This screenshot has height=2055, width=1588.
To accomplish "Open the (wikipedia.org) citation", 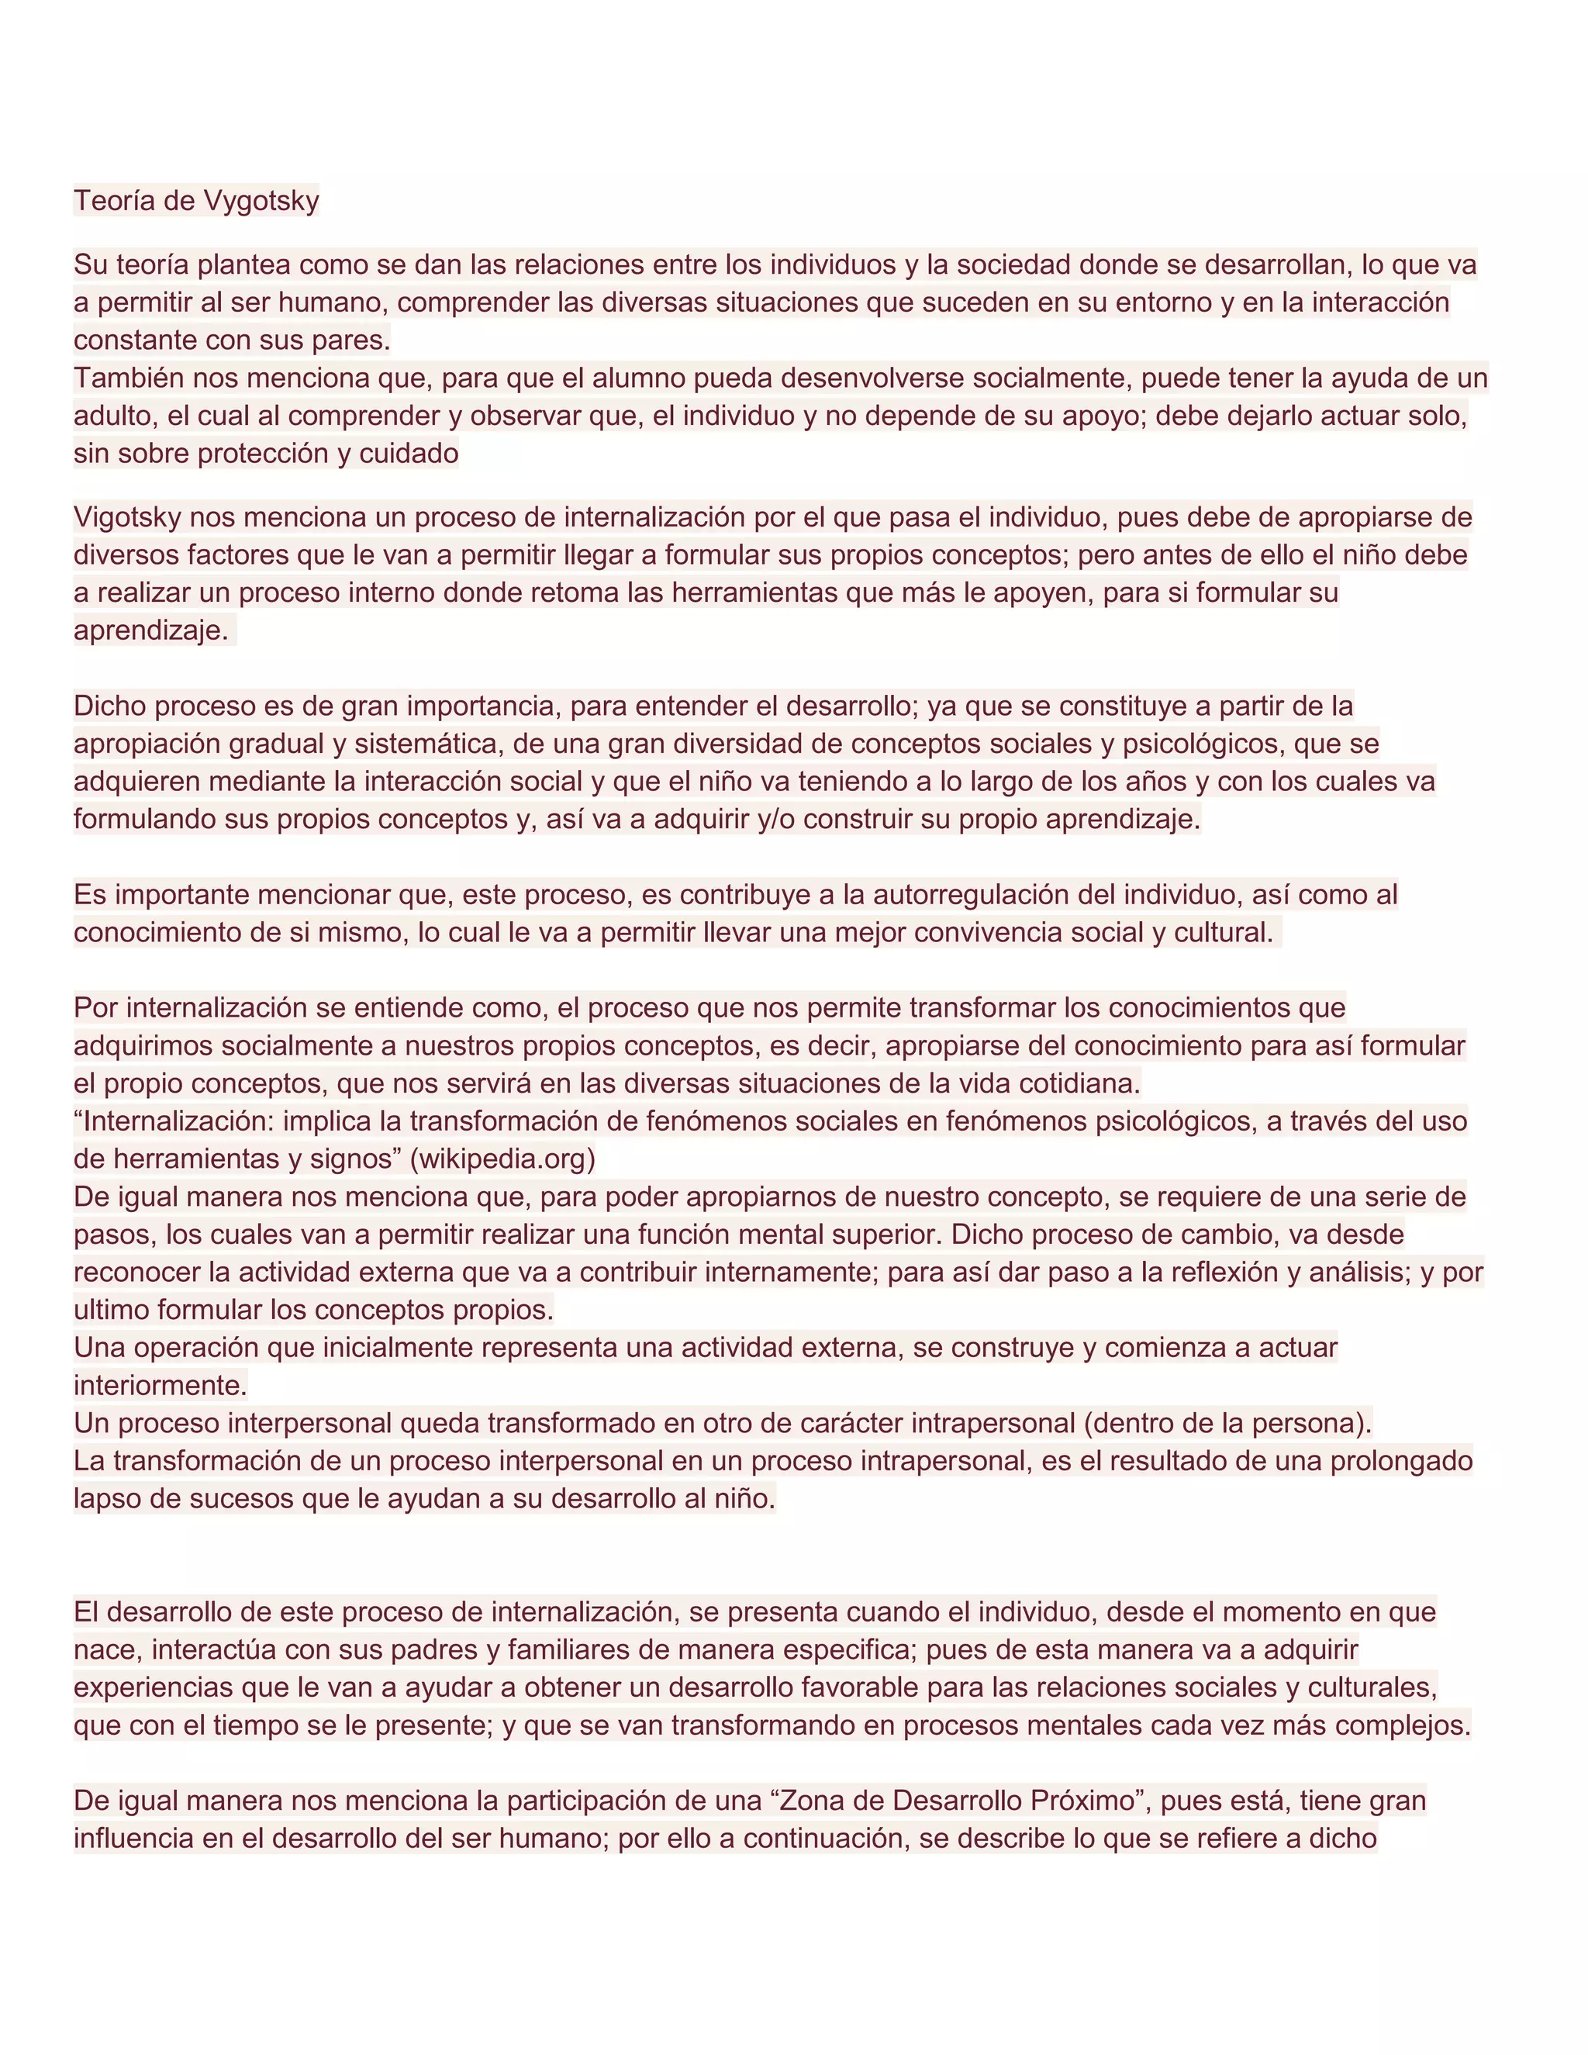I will click(x=503, y=1159).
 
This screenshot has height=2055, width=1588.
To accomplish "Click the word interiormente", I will click(x=160, y=1386).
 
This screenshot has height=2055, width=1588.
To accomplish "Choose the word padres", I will click(x=430, y=1649).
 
